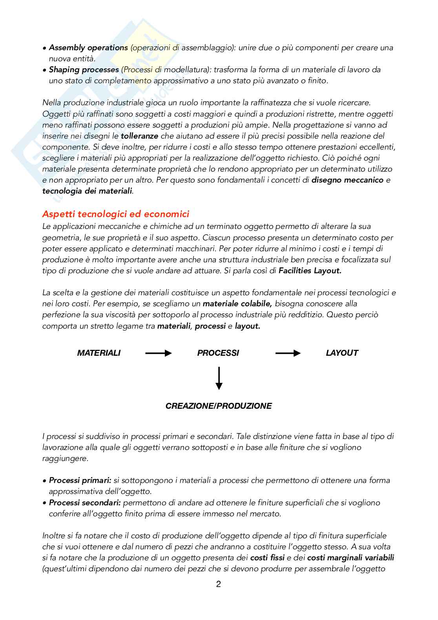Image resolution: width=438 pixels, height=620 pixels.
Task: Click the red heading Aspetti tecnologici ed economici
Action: coord(115,214)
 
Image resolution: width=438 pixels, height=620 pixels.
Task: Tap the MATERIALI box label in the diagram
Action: coord(99,353)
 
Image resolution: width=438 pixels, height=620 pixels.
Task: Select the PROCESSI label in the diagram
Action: coord(218,353)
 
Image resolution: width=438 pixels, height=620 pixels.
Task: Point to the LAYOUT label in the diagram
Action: coord(342,353)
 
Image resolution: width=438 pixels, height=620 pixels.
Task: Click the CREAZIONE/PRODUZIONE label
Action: coord(219,406)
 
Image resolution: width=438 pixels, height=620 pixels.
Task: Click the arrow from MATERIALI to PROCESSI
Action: coord(159,353)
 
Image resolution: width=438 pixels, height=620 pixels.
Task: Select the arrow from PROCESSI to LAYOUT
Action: coord(288,353)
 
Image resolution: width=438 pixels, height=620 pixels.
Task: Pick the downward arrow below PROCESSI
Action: coord(219,378)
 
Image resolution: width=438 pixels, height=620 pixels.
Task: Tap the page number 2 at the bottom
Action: coord(219,584)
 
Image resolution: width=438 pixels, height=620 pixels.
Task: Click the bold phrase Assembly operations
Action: coord(88,48)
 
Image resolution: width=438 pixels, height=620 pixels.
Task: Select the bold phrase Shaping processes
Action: coord(84,70)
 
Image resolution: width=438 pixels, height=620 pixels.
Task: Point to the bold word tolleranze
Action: coord(139,136)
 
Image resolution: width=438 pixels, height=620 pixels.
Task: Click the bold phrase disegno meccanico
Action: coord(347,181)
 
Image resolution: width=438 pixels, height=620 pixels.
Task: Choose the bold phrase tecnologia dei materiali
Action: coord(87,192)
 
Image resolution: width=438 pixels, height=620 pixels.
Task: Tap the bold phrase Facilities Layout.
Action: coord(310,271)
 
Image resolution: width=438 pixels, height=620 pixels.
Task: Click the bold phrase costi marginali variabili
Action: coord(350,558)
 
